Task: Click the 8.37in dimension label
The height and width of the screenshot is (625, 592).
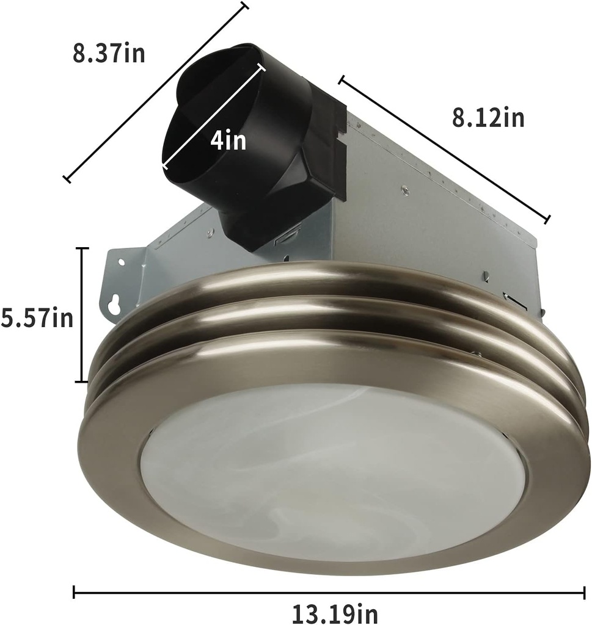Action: coord(109,53)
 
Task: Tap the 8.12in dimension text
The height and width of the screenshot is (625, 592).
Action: coord(488,117)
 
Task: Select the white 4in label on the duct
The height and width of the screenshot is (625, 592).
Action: coord(228,141)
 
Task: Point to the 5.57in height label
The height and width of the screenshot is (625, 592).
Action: coord(36,318)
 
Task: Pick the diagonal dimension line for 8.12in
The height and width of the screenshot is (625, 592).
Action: coord(445,148)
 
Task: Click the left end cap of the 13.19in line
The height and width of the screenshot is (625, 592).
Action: coord(74,591)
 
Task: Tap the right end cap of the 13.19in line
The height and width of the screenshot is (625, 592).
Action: coord(584,591)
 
